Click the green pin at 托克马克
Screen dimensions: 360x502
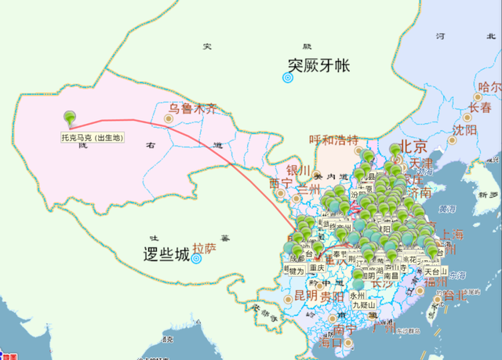point(71,118)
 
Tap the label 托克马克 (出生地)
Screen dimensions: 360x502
point(93,137)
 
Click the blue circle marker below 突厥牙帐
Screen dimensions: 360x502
point(288,77)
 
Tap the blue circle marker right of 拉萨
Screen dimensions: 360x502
point(198,258)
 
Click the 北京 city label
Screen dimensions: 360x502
point(413,147)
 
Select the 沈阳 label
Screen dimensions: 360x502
point(464,130)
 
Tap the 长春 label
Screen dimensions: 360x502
point(480,107)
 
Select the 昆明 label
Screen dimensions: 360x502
point(305,296)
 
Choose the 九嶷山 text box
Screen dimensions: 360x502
point(362,304)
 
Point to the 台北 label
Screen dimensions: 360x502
point(455,296)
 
